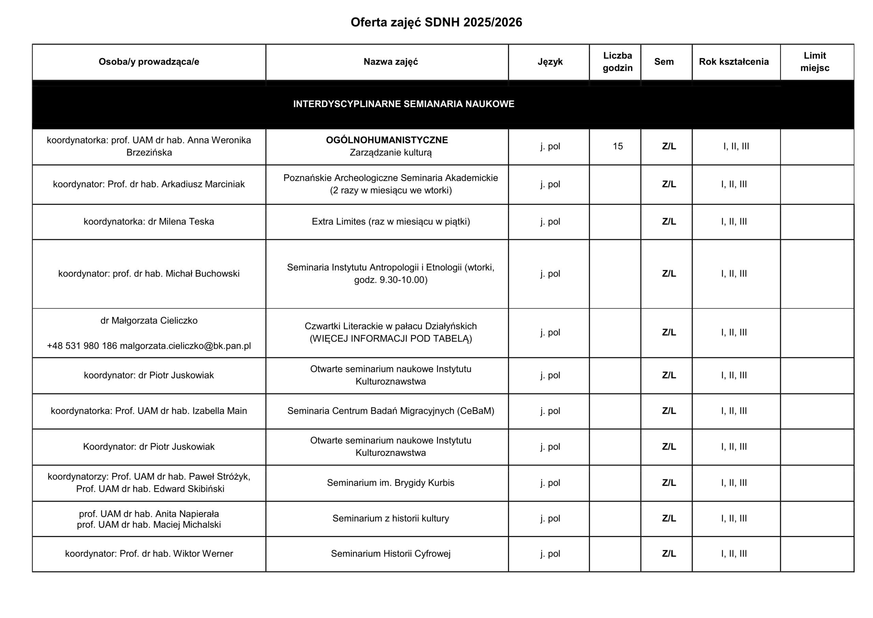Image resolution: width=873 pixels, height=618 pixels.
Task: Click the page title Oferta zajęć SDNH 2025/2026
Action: click(x=436, y=23)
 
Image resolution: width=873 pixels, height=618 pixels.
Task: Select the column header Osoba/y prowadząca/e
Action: click(x=149, y=62)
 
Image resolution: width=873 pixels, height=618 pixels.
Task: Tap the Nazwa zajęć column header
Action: click(x=390, y=62)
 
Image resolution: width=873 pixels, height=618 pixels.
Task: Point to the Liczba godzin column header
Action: click(x=618, y=62)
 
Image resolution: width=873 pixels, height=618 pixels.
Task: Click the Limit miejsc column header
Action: click(x=814, y=62)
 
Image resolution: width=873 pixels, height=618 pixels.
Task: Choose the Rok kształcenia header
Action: click(x=734, y=62)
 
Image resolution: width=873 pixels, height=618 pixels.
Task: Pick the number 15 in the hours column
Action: click(x=618, y=146)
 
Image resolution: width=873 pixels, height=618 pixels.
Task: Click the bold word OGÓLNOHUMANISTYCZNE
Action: click(x=387, y=140)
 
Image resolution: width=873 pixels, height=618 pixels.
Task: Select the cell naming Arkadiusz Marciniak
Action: click(x=149, y=185)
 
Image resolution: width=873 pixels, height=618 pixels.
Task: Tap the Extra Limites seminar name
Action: click(x=390, y=222)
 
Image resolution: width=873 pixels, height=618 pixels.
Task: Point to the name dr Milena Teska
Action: click(x=181, y=222)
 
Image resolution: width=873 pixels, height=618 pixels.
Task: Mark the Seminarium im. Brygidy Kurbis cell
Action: click(x=390, y=483)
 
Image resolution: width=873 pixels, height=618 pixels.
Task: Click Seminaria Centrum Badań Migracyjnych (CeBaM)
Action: click(x=390, y=411)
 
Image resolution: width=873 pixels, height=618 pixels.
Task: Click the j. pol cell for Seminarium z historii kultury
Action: click(x=550, y=518)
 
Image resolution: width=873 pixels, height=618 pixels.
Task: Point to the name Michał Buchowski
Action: click(x=202, y=274)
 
